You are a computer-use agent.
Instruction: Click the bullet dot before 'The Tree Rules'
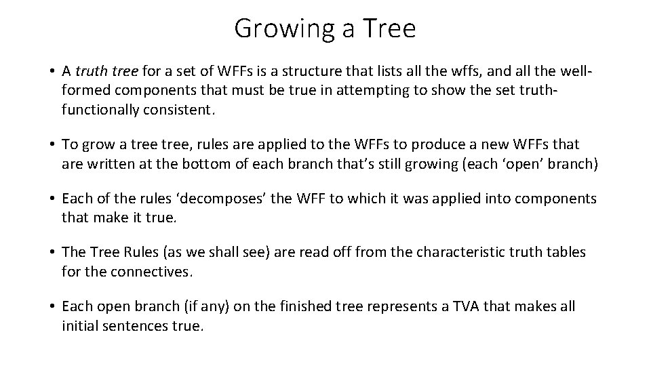(x=52, y=253)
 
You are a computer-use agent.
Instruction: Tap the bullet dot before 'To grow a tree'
(x=52, y=144)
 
